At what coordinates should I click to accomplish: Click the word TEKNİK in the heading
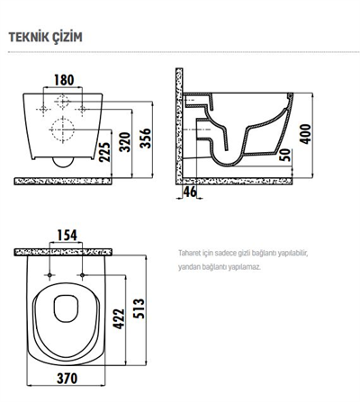click(29, 38)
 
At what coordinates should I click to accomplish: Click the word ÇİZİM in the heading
click(67, 37)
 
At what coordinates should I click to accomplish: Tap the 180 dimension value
click(64, 80)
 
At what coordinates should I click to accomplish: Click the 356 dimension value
click(146, 138)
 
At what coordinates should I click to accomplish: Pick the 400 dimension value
click(305, 134)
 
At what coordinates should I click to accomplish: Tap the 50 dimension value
click(285, 155)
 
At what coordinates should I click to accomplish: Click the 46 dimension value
click(190, 192)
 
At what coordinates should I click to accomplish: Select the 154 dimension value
click(67, 236)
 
